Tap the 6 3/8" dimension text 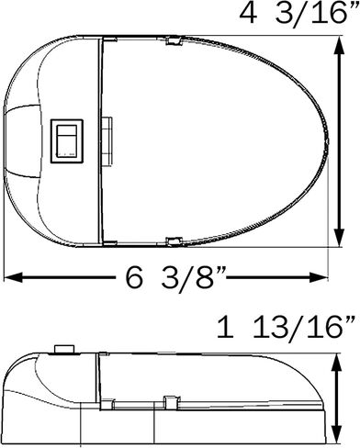[x=175, y=277]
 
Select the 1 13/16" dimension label [x=287, y=327]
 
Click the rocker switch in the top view [x=67, y=140]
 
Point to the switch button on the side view [x=64, y=349]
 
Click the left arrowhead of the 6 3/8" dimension [x=13, y=277]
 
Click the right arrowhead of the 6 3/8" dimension [x=319, y=277]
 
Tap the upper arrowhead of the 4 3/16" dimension [x=339, y=46]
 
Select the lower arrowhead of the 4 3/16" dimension [x=339, y=237]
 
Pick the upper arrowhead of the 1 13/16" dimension [x=337, y=364]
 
